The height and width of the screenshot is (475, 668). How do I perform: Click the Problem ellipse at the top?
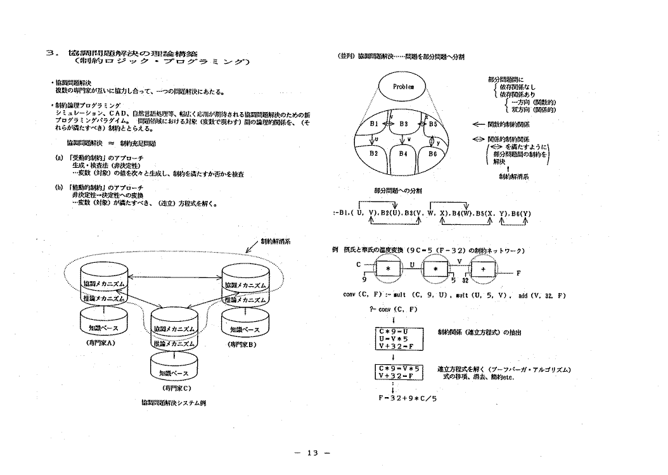[404, 87]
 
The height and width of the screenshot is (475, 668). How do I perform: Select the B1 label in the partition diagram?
[375, 124]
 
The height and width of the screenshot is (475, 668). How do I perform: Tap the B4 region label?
[403, 153]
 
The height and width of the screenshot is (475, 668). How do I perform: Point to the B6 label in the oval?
[433, 153]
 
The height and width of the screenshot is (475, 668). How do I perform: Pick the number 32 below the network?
[466, 279]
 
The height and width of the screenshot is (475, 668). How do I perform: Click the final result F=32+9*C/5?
[408, 398]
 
